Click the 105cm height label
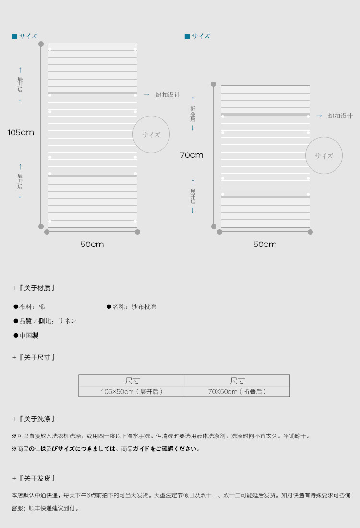[21, 133]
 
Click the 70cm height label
[192, 155]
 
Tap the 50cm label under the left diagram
[92, 245]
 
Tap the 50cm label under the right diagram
[265, 245]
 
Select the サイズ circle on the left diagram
[151, 135]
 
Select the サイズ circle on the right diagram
[324, 155]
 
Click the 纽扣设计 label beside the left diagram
[168, 95]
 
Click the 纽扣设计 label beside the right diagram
[340, 116]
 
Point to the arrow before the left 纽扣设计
[146, 95]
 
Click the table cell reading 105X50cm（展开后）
[132, 391]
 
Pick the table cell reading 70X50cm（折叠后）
[237, 391]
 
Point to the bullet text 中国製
[29, 336]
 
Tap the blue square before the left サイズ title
[14, 36]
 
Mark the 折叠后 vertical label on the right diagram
[192, 114]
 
